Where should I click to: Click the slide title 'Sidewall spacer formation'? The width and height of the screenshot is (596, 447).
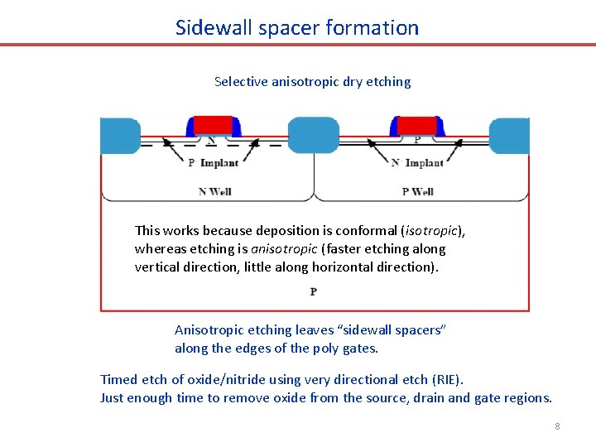tap(297, 27)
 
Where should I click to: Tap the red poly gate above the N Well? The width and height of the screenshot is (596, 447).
tap(214, 125)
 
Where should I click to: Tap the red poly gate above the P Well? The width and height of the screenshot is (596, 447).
tap(416, 125)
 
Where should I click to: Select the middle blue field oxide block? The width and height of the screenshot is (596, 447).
tap(313, 135)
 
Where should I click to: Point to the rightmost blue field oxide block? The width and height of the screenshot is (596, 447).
tap(510, 136)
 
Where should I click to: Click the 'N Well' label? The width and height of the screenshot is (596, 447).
tap(215, 191)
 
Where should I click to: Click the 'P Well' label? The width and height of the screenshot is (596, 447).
tap(417, 191)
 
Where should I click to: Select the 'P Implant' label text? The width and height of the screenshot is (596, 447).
tap(213, 163)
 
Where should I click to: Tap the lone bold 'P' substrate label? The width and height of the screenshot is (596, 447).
tap(314, 291)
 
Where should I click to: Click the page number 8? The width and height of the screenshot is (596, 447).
tap(557, 425)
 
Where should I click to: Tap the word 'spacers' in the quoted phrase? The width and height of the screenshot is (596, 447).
tap(420, 329)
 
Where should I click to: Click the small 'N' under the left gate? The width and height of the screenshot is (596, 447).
tap(211, 140)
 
